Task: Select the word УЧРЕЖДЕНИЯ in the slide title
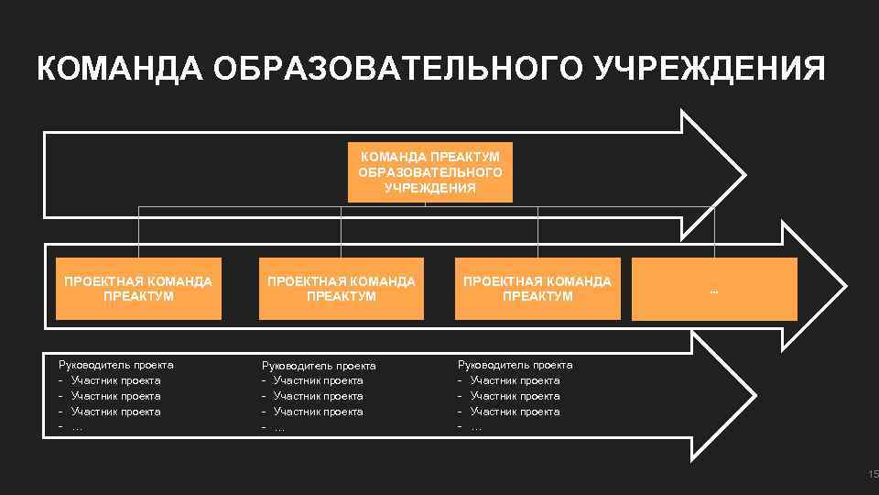(711, 69)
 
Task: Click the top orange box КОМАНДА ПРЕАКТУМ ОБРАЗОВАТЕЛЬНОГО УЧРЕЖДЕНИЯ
(430, 171)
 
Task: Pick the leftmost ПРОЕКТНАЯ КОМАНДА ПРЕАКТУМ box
(138, 289)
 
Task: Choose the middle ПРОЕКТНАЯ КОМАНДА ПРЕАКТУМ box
(342, 289)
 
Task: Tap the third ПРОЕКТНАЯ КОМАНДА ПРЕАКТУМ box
(537, 289)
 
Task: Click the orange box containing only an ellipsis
(714, 289)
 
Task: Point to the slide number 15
(873, 474)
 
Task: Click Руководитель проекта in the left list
(115, 365)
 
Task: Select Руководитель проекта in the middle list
(319, 366)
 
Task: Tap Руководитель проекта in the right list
(515, 365)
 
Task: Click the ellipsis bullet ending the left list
(77, 427)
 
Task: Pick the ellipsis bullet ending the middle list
(279, 427)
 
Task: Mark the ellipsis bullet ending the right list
(476, 427)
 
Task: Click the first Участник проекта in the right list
(515, 380)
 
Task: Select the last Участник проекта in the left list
(115, 412)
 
